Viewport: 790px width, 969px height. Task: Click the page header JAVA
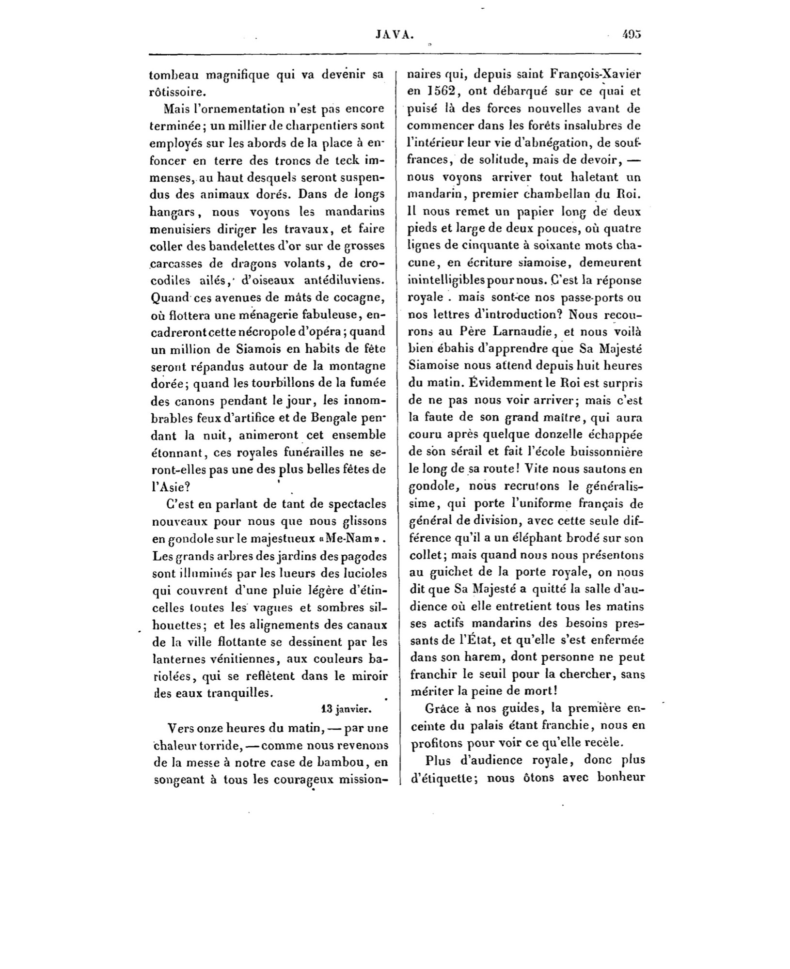coord(394,34)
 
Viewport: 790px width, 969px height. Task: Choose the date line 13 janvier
coord(346,709)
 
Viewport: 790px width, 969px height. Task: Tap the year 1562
coord(441,92)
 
